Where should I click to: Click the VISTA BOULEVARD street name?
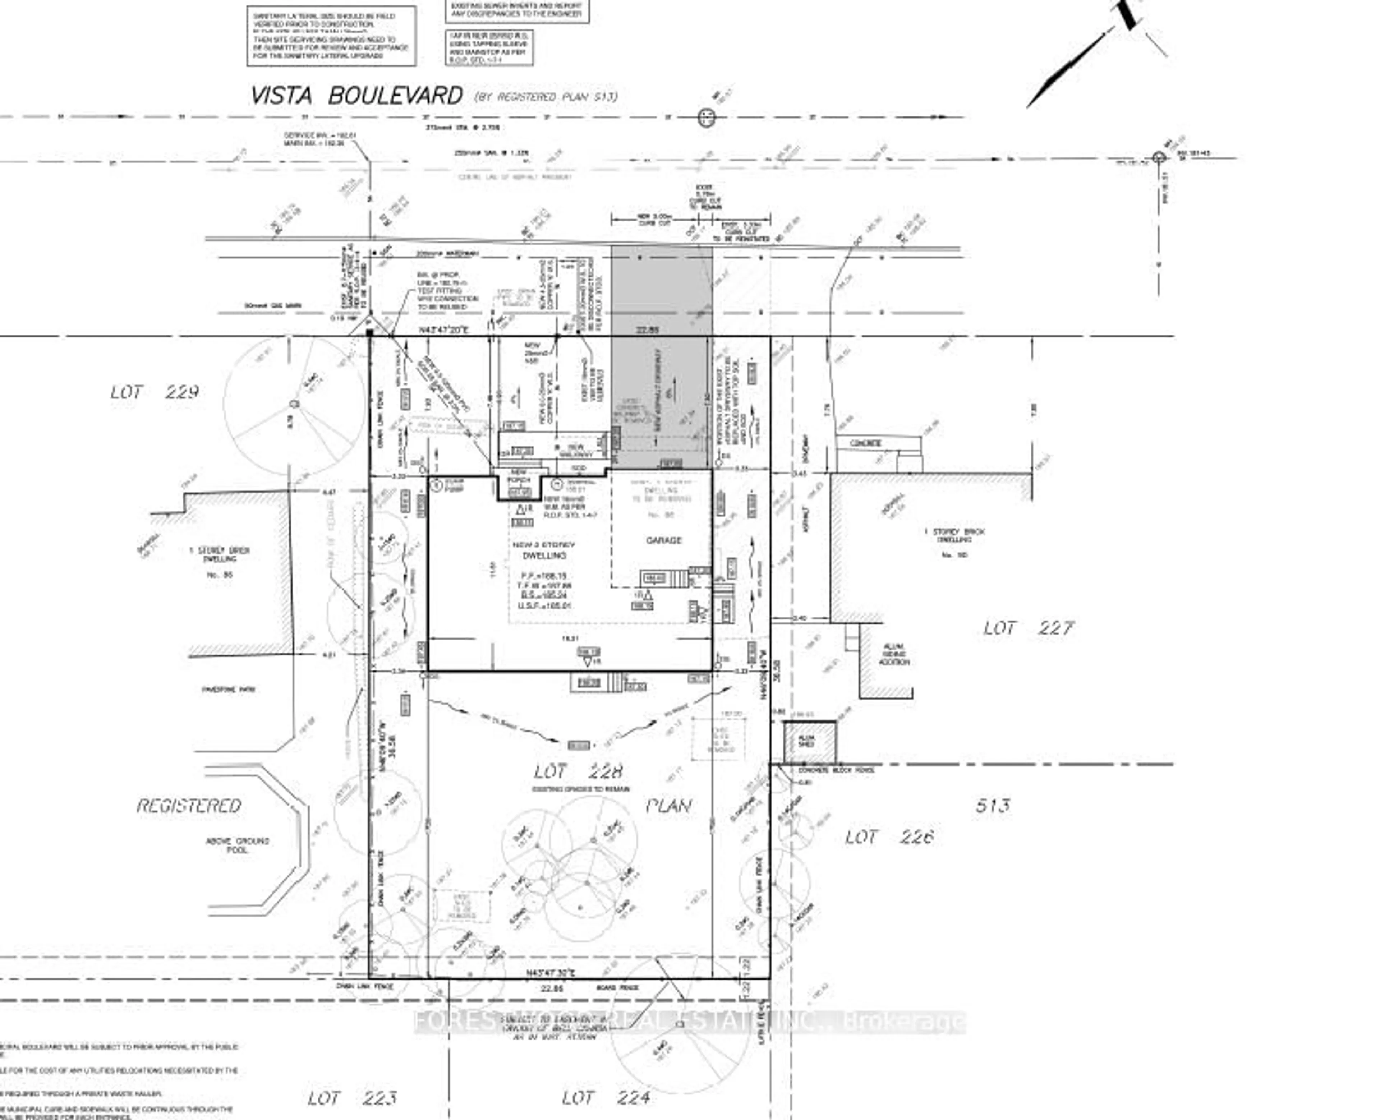(356, 96)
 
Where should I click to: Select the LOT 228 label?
(579, 771)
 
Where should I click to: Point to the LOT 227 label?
(1029, 628)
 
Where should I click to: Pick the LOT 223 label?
(352, 1097)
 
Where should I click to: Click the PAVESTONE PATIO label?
(229, 689)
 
